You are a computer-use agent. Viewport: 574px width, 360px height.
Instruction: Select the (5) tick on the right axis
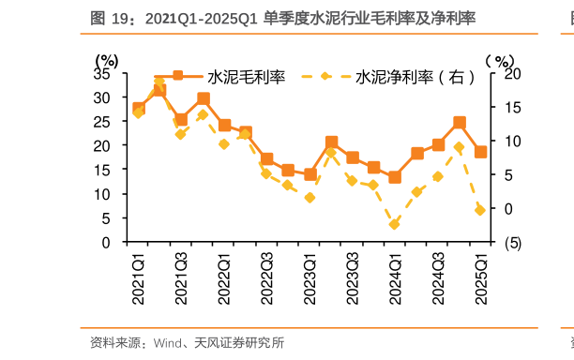511,242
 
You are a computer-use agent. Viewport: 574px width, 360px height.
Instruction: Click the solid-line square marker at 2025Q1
480,152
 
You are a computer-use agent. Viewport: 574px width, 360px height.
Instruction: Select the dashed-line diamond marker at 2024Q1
395,224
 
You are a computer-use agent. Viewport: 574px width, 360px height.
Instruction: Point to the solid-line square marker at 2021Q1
139,109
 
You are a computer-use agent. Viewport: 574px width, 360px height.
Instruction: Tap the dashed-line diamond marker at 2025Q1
480,210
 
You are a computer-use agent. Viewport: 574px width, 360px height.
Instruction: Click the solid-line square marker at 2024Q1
395,177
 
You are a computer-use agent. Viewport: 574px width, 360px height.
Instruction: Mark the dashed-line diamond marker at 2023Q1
310,198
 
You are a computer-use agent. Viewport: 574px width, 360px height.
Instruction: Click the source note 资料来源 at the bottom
188,343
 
